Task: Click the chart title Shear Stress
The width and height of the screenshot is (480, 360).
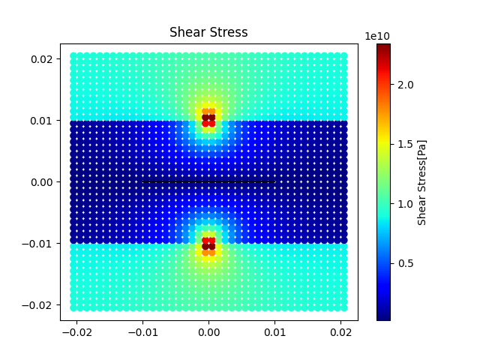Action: [208, 32]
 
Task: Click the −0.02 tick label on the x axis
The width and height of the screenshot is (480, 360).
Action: [73, 331]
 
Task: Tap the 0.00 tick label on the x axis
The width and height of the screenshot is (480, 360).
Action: [208, 331]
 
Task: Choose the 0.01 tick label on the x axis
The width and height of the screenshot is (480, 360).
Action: [275, 331]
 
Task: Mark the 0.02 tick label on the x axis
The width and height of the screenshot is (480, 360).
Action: [342, 331]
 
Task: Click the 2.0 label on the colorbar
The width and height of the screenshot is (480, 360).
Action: [405, 85]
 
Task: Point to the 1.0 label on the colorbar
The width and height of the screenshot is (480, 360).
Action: [405, 203]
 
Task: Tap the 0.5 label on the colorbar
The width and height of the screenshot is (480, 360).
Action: [405, 263]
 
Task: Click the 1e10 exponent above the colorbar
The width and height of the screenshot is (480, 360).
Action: [377, 36]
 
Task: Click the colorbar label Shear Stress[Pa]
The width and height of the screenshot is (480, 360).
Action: [422, 181]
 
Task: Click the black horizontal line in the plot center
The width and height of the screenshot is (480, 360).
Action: [208, 181]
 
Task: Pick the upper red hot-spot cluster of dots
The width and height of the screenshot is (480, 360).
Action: [208, 118]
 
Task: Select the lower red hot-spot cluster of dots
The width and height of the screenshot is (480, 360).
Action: [208, 244]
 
